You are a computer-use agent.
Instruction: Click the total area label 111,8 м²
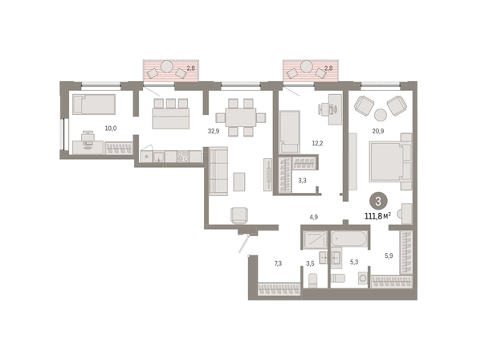click(377, 216)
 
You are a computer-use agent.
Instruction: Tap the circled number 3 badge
click(378, 202)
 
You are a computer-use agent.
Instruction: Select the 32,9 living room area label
click(214, 131)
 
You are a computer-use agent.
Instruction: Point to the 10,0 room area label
click(111, 129)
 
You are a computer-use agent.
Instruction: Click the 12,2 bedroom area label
click(317, 143)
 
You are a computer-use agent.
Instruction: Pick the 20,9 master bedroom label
click(378, 131)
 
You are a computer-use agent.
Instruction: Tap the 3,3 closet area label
click(302, 181)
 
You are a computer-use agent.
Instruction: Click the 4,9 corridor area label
click(314, 217)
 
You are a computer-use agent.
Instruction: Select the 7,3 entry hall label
click(278, 264)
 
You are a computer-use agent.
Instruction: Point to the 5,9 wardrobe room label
click(389, 256)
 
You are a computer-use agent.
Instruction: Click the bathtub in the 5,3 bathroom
click(349, 239)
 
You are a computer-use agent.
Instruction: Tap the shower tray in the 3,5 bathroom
click(315, 239)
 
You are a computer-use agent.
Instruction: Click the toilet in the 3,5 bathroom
click(313, 280)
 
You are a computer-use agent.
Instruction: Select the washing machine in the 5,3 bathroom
click(363, 279)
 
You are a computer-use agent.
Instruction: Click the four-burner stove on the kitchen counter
click(183, 157)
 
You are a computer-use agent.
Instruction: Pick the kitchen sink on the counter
click(159, 157)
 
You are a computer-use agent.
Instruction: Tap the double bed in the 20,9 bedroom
click(390, 162)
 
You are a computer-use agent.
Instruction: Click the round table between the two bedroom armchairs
click(381, 115)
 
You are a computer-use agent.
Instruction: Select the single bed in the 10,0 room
click(94, 104)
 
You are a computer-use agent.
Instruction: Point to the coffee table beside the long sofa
click(239, 182)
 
